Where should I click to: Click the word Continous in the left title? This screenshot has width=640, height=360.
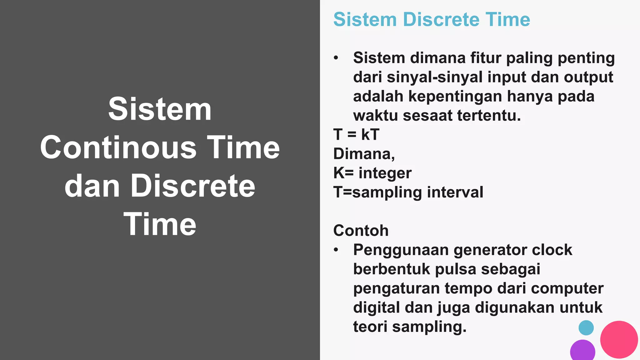(x=118, y=147)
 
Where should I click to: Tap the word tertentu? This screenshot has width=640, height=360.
(x=489, y=116)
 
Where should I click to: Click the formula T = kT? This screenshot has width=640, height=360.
(x=356, y=135)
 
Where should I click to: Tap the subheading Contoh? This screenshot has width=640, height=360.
(x=361, y=231)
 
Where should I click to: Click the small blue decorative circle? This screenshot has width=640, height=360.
(x=586, y=328)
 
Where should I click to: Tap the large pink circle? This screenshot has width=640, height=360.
(x=619, y=339)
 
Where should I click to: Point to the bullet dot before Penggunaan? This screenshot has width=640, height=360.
(x=336, y=250)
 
